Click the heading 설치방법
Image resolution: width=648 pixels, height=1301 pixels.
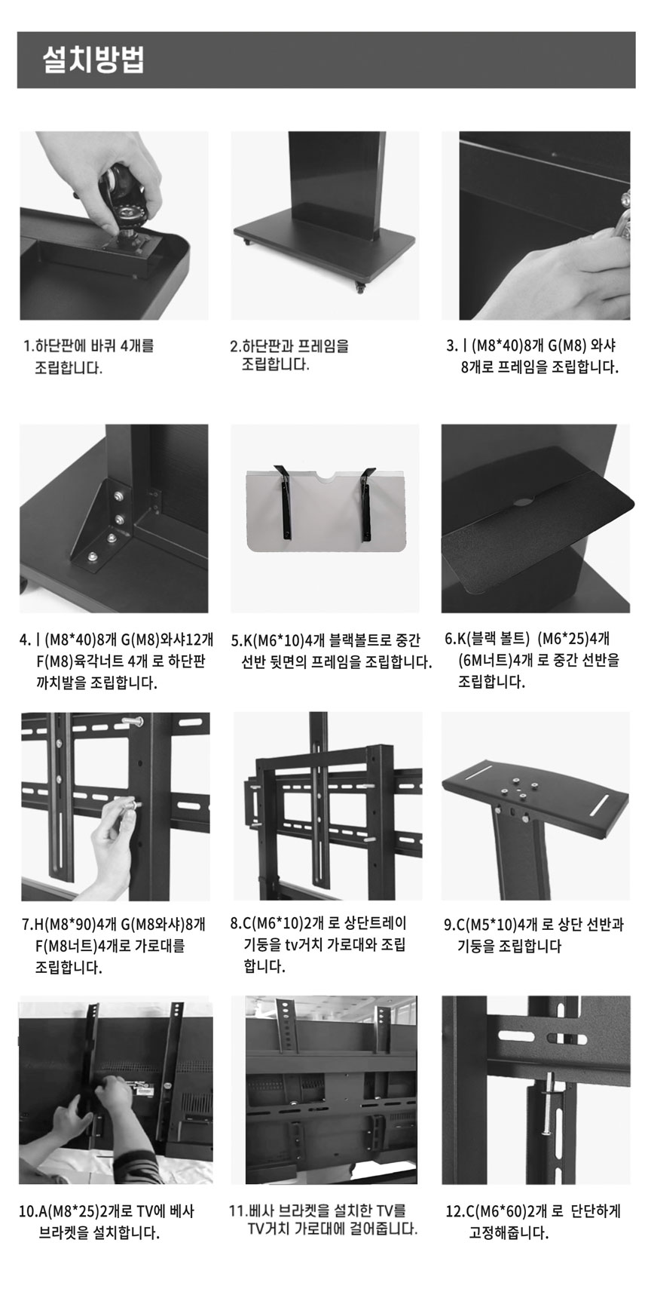click(x=94, y=60)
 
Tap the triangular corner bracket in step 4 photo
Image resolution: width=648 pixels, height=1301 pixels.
click(x=102, y=528)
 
